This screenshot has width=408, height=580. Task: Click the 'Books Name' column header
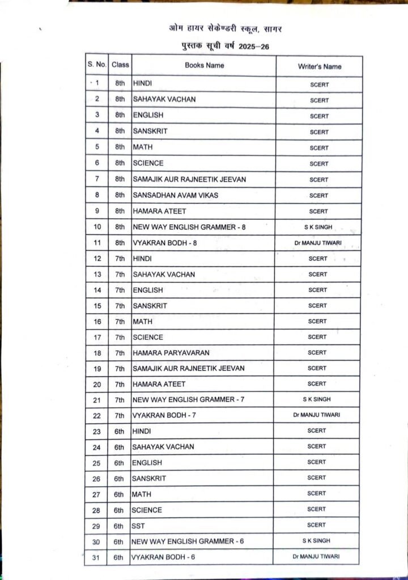point(204,65)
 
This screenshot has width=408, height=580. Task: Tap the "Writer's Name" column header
point(320,66)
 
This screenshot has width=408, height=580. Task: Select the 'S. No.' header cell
point(97,65)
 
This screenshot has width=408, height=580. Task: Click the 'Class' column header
point(120,65)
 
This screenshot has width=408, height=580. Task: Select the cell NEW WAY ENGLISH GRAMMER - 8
point(189,227)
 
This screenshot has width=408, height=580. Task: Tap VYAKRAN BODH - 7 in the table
point(164,415)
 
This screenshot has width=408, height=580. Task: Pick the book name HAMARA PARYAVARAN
point(171,352)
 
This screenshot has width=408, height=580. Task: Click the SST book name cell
point(138,526)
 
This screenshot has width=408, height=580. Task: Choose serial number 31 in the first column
point(96,558)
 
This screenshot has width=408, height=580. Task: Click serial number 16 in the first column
point(97,322)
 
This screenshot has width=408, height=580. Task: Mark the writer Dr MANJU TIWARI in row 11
point(317,244)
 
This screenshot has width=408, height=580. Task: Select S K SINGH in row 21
point(317,399)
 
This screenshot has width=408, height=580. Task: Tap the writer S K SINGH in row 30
point(316,540)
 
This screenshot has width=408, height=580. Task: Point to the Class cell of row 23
point(119,432)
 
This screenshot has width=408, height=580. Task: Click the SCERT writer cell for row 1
point(319,84)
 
